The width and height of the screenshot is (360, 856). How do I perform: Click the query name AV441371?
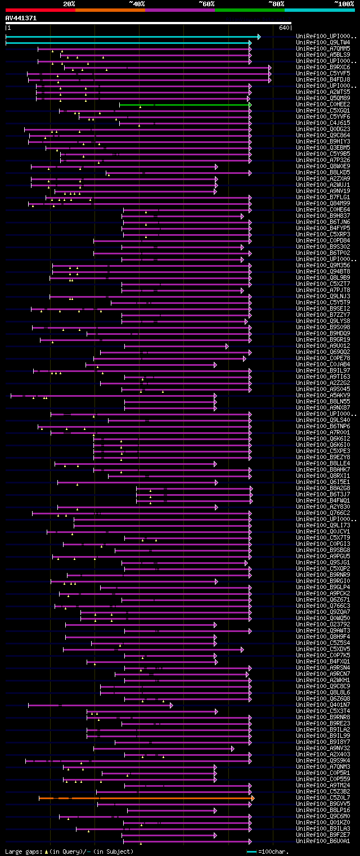[x=21, y=18]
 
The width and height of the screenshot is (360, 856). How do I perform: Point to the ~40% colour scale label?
[x=137, y=3]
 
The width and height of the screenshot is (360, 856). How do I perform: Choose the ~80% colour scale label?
[x=276, y=3]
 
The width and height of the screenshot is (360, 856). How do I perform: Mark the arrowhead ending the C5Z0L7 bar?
[x=253, y=798]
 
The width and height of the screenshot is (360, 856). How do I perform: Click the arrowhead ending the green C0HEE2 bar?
[x=250, y=105]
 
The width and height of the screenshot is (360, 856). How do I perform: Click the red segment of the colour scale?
[x=40, y=10]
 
